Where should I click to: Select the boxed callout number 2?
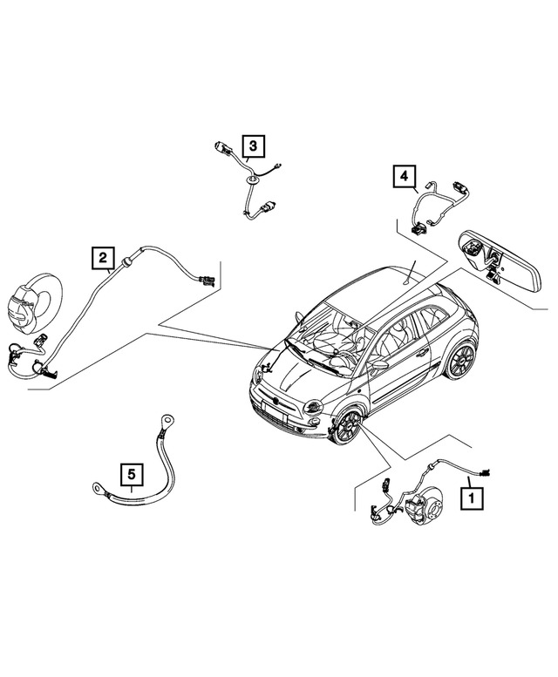click(103, 257)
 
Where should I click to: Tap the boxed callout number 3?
click(250, 146)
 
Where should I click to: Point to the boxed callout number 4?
click(404, 177)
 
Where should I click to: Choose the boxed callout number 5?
click(131, 475)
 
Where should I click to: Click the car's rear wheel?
click(459, 359)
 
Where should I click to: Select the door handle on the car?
click(422, 353)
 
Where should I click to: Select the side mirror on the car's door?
click(380, 367)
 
